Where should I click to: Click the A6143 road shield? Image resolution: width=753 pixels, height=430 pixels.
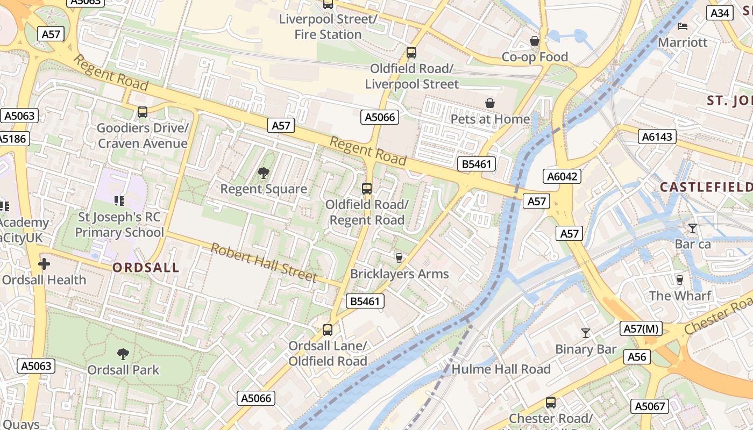click(x=657, y=137)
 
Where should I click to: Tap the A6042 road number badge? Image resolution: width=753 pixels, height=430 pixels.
click(x=562, y=176)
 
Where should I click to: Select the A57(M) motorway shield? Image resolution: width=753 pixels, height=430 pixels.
click(x=641, y=328)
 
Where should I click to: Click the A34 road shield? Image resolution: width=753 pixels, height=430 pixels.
click(x=720, y=13)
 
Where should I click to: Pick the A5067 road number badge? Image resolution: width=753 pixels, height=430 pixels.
click(x=650, y=406)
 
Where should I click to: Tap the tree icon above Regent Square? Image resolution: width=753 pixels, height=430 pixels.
click(x=264, y=173)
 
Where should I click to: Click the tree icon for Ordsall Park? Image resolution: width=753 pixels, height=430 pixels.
click(x=123, y=354)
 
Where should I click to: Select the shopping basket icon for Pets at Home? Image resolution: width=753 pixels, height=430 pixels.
click(x=490, y=103)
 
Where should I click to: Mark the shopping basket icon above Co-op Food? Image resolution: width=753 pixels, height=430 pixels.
click(x=535, y=41)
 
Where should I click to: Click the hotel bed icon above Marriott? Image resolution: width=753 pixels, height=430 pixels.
click(x=683, y=26)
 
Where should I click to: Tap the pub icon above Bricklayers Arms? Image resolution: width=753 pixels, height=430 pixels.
click(x=399, y=258)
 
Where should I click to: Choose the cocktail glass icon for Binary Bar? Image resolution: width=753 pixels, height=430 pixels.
click(x=586, y=333)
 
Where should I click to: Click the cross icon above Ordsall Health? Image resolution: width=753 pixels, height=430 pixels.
click(x=44, y=264)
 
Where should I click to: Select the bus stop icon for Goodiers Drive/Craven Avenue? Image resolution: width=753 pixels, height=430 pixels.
click(x=143, y=112)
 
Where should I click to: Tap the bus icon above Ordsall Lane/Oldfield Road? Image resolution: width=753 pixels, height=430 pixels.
click(x=328, y=330)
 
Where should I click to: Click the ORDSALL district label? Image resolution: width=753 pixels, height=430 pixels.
click(x=146, y=268)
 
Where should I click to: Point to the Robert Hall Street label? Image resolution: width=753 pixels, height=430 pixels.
click(x=263, y=263)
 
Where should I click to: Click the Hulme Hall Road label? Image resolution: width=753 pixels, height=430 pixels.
click(x=501, y=369)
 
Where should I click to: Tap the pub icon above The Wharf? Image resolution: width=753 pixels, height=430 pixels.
click(x=679, y=280)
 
